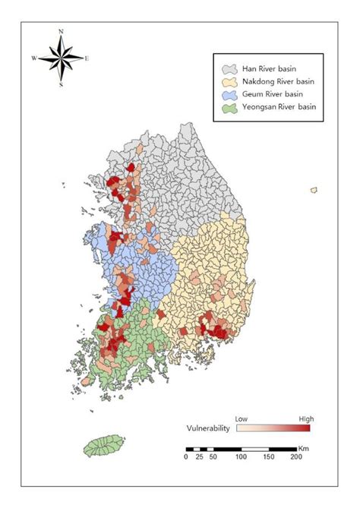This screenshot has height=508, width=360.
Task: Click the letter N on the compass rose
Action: click(x=61, y=32)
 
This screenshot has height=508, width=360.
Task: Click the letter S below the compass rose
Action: click(x=61, y=85)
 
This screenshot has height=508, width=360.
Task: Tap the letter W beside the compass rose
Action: click(x=34, y=58)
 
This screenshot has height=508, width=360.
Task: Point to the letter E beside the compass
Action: click(x=87, y=58)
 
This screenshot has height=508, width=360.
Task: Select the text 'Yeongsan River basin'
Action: click(x=279, y=107)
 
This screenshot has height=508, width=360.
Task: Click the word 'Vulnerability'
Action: click(x=207, y=428)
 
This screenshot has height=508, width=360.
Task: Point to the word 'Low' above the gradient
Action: click(x=242, y=418)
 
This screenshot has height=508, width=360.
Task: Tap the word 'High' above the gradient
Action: click(x=305, y=418)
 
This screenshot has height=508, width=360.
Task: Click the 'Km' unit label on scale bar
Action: click(x=304, y=448)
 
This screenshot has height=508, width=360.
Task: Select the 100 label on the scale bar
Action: click(x=241, y=457)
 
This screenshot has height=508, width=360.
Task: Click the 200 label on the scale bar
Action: click(x=295, y=457)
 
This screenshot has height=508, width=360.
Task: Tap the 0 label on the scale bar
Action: click(x=186, y=457)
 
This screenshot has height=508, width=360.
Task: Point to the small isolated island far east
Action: click(x=314, y=190)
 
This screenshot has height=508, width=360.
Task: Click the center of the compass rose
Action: click(x=61, y=58)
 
